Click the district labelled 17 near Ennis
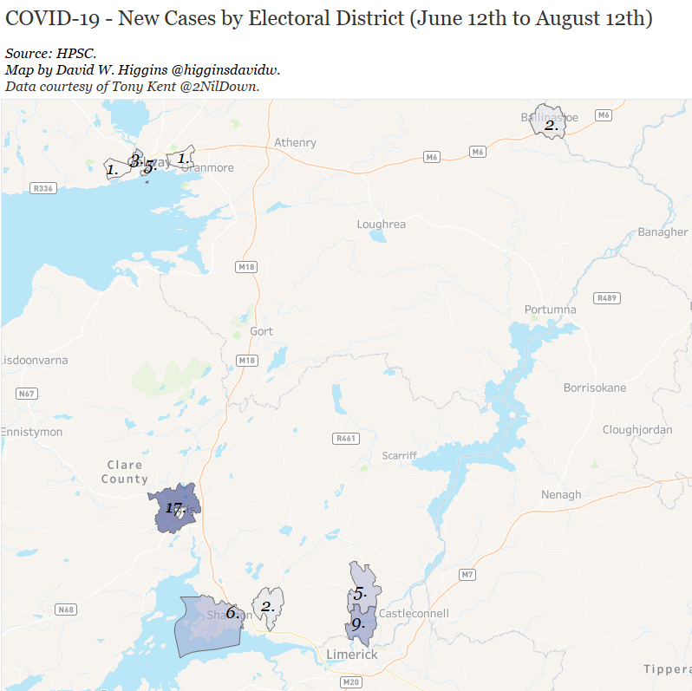[x=176, y=509]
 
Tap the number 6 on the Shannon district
[x=232, y=613]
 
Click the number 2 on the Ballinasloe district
[x=550, y=126]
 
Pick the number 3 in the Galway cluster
[x=136, y=160]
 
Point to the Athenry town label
[x=295, y=142]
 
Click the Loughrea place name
[x=381, y=225]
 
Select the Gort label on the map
[x=261, y=331]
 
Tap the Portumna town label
[x=550, y=310]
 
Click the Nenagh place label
[x=561, y=495]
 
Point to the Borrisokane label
[x=594, y=388]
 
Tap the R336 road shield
[x=42, y=188]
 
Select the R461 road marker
[x=345, y=438]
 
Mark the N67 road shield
[x=27, y=394]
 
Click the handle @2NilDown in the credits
[x=221, y=86]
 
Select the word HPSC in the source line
[x=76, y=54]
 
